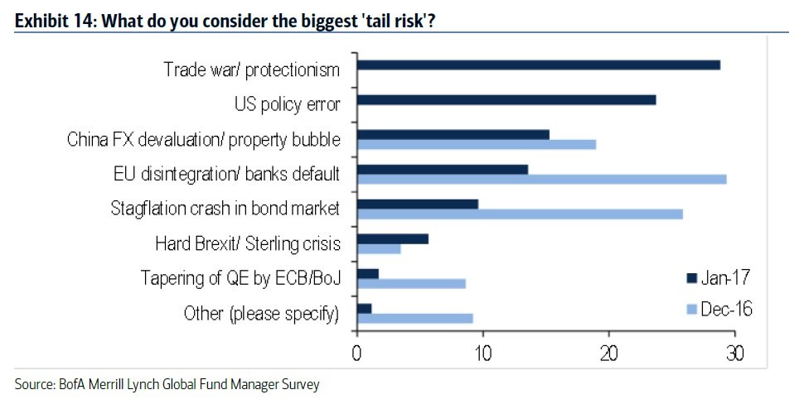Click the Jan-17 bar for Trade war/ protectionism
click(538, 65)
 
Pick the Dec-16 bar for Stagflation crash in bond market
click(520, 214)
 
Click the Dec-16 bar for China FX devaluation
click(476, 144)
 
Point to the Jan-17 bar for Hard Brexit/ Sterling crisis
click(392, 238)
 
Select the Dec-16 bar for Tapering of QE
click(411, 283)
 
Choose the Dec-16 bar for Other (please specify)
click(414, 318)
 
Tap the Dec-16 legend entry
click(719, 309)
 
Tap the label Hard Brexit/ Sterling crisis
click(248, 244)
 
